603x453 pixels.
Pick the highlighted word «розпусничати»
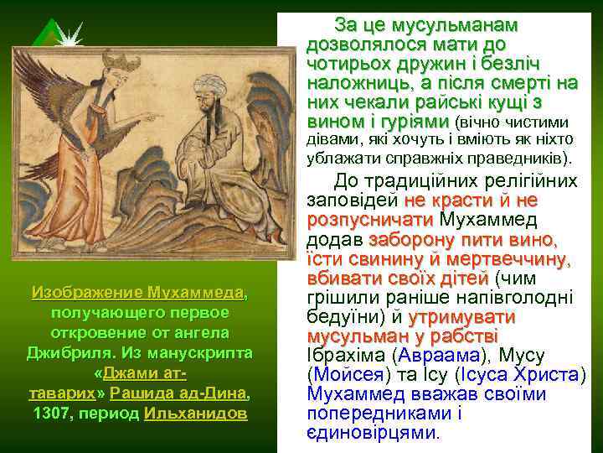(370, 219)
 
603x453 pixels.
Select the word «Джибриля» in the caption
(63, 353)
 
